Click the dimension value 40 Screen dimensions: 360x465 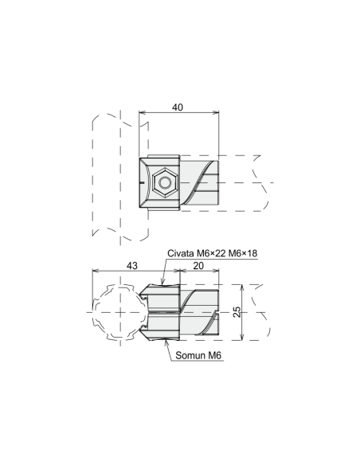click(x=178, y=107)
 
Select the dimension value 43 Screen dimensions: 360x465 click(x=132, y=265)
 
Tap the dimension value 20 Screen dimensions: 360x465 click(x=198, y=266)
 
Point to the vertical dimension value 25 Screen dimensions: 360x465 click(x=237, y=312)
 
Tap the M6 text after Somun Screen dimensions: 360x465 click(x=214, y=355)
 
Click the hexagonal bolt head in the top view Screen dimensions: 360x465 click(x=165, y=182)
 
